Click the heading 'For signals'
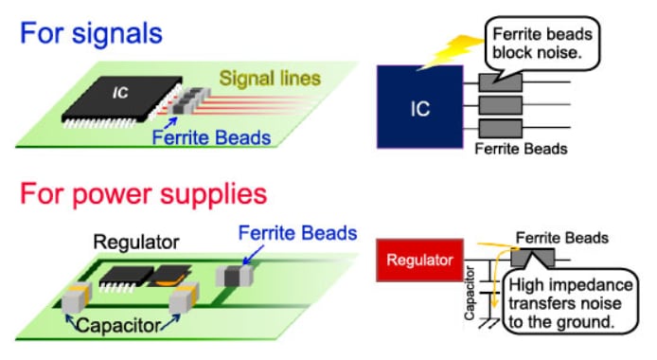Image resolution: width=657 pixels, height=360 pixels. click(92, 33)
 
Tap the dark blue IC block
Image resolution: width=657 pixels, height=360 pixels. click(419, 107)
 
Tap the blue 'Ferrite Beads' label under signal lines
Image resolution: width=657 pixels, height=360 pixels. click(213, 138)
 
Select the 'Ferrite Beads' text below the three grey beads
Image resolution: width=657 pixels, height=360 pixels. click(521, 149)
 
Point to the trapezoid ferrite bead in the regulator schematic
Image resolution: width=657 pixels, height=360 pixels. click(531, 258)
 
